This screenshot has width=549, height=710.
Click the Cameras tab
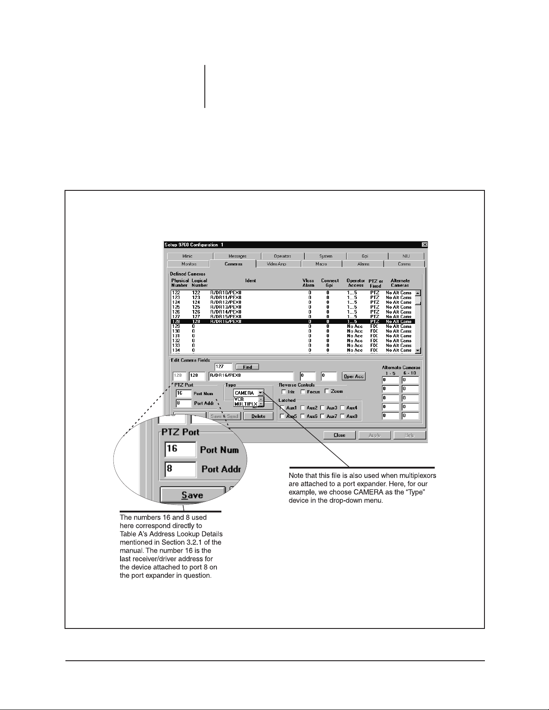click(233, 264)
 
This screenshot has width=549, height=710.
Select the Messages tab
click(237, 256)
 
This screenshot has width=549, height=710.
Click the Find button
click(247, 367)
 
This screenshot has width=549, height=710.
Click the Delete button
click(258, 416)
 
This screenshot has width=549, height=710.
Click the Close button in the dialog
click(339, 435)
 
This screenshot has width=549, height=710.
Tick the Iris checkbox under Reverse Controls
click(284, 392)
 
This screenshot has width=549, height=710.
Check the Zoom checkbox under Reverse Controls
click(327, 391)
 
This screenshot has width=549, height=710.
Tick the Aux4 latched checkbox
click(342, 408)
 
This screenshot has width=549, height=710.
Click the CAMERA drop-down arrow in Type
click(260, 393)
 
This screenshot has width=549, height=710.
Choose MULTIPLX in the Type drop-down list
click(246, 404)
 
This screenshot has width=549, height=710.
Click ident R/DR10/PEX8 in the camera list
click(226, 293)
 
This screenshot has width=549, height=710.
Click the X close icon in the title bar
click(424, 245)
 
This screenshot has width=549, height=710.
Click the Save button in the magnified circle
click(192, 495)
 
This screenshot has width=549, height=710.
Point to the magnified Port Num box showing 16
click(180, 449)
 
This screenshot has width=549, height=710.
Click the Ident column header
click(251, 281)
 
